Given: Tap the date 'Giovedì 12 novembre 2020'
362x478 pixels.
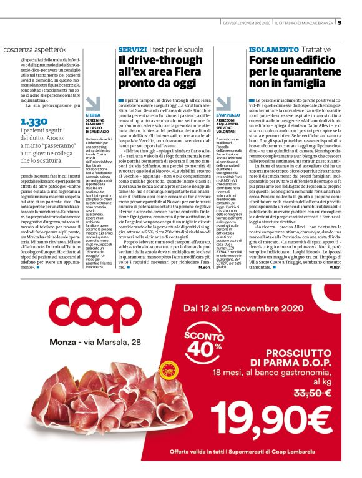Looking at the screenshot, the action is point(248,24).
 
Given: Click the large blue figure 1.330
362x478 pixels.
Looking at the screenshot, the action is point(34,121).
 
